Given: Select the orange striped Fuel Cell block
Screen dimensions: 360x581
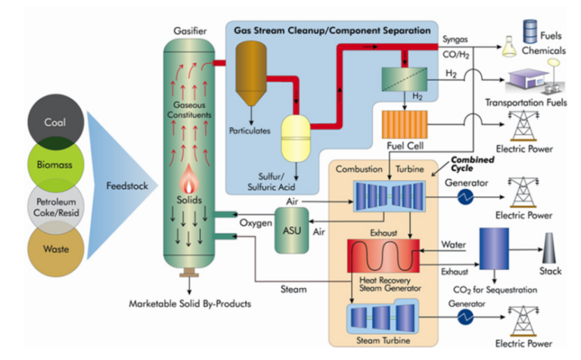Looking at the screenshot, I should click(x=405, y=124).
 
